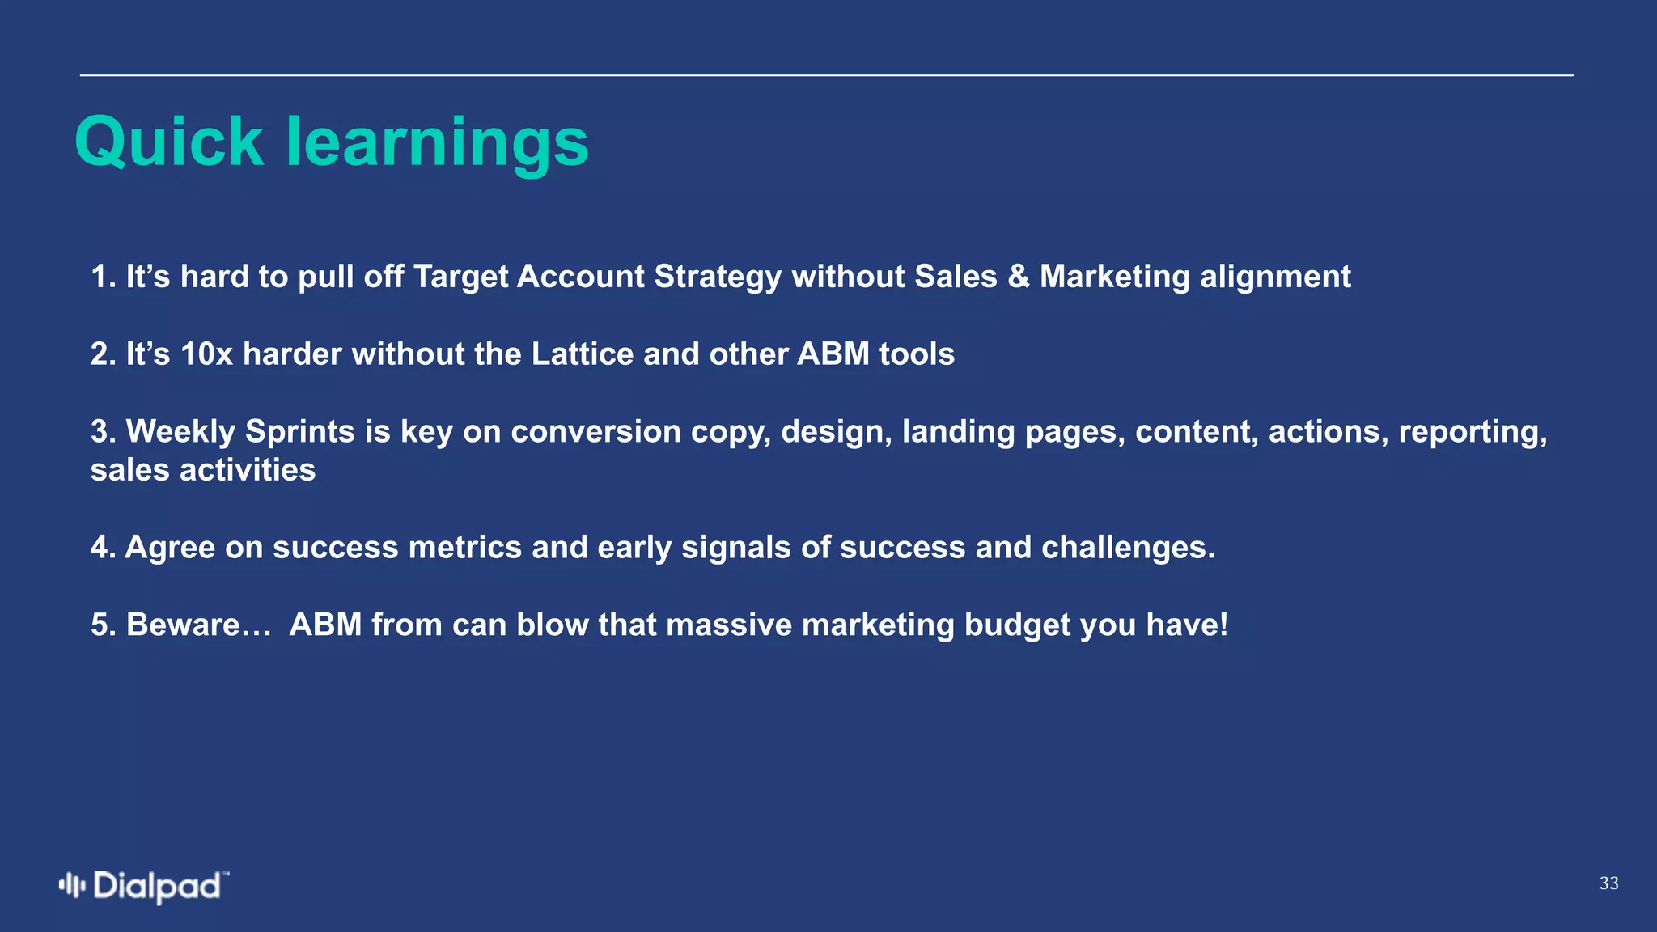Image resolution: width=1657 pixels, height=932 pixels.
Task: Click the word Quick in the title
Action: coord(169,142)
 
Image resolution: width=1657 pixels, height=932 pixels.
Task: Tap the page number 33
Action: coord(1608,883)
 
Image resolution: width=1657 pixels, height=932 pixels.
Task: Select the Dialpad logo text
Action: coord(158,887)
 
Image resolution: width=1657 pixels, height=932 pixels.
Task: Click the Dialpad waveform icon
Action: coord(72,885)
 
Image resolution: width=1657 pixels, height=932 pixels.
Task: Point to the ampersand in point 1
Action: coord(1019,277)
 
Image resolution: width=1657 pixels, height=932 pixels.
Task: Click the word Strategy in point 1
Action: coord(718,277)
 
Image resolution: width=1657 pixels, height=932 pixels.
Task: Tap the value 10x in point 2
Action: coord(206,354)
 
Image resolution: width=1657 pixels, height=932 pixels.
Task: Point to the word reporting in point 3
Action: coord(1473,432)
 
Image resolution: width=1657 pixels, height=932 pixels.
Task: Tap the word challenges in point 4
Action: coord(1128,548)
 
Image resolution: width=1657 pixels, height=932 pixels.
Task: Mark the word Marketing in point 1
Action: coord(1115,277)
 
